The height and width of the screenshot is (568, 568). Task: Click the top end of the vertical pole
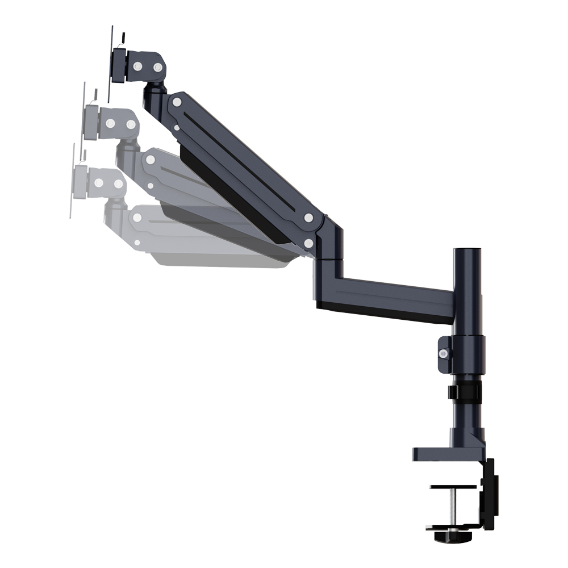pyautogui.click(x=466, y=250)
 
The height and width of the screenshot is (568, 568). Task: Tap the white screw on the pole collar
pyautogui.click(x=443, y=353)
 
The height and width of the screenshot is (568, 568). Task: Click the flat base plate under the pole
pyautogui.click(x=443, y=453)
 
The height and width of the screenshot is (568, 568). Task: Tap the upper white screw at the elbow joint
pyautogui.click(x=308, y=218)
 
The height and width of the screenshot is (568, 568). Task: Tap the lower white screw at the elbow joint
pyautogui.click(x=308, y=243)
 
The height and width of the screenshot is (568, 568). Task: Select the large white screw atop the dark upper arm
pyautogui.click(x=177, y=102)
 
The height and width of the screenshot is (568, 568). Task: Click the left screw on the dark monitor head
pyautogui.click(x=137, y=67)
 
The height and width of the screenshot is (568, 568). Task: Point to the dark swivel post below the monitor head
pyautogui.click(x=153, y=97)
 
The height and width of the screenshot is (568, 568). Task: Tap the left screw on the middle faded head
pyautogui.click(x=110, y=123)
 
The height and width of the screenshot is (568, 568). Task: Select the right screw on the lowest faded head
pyautogui.click(x=118, y=184)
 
